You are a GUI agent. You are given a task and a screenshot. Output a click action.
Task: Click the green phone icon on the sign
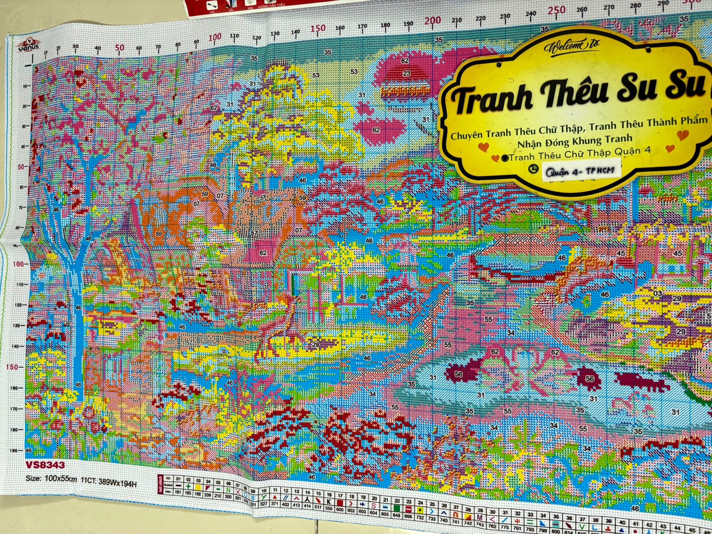tap(533, 169)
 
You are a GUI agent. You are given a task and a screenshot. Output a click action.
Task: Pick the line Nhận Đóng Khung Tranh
tap(575, 140)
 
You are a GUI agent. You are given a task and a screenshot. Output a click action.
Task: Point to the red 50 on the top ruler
tap(120, 48)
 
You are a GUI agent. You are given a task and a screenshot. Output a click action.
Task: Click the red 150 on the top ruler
tap(318, 28)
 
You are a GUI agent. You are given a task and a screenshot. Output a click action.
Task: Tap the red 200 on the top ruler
tap(433, 21)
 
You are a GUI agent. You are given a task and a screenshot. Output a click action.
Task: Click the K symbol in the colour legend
tap(329, 501)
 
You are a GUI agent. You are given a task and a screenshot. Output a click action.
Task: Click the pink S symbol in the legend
tap(373, 506)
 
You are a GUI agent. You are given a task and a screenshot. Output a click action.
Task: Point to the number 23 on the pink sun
tap(406, 73)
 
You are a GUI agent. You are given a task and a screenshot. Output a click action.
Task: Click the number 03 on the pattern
tap(658, 294)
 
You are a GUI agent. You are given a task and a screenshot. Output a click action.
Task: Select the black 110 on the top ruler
tap(234, 36)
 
